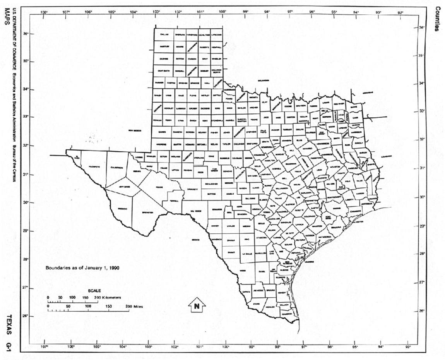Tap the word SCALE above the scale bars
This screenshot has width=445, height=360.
(94, 291)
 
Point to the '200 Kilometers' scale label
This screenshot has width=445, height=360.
(108, 297)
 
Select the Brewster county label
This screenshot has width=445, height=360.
(149, 213)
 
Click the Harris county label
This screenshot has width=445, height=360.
(346, 209)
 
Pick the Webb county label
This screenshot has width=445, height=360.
(243, 270)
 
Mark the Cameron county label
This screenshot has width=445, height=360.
(286, 314)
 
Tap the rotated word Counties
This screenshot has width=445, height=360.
(438, 19)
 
